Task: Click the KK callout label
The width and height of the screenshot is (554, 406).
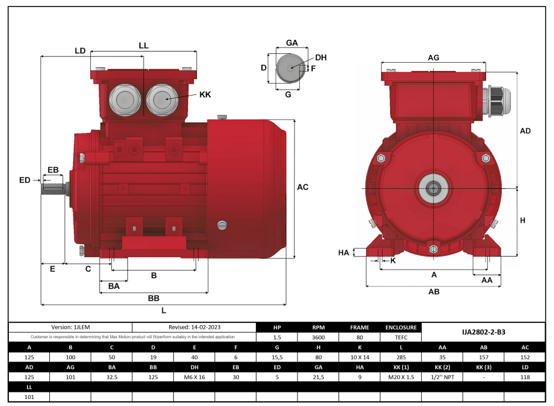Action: tap(205, 94)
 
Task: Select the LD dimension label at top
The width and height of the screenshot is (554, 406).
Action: tap(80, 51)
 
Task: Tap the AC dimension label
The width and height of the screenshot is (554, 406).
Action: tap(302, 187)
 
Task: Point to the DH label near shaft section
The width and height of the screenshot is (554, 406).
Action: tap(320, 57)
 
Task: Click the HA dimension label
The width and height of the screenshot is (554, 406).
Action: tap(344, 253)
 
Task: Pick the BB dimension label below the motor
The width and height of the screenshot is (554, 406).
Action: tap(153, 298)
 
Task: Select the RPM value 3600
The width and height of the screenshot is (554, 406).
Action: tap(318, 337)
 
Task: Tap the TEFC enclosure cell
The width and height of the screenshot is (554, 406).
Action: tap(401, 337)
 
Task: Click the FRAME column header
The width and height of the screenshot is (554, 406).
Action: tap(359, 327)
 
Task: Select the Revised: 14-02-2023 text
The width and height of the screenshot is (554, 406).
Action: tap(194, 327)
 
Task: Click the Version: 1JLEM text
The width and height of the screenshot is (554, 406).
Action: tap(70, 327)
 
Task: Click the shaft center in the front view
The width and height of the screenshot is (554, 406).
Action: tap(433, 188)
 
